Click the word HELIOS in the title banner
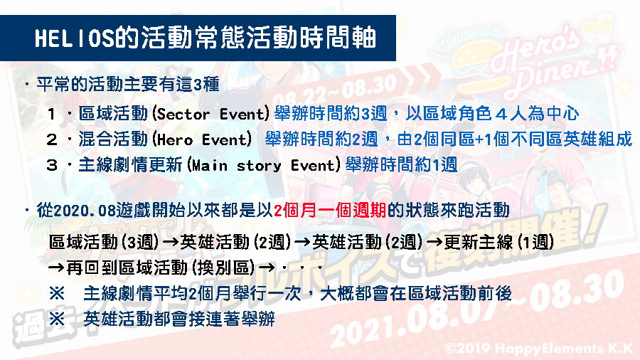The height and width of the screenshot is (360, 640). click(x=74, y=38)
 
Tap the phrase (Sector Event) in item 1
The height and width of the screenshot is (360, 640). click(x=210, y=113)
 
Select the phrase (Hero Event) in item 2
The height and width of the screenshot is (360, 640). click(x=202, y=139)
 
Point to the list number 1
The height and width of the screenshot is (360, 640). click(x=51, y=114)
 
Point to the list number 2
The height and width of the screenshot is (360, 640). click(x=52, y=139)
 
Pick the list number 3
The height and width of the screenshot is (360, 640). click(x=52, y=165)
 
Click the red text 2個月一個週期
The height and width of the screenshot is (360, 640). click(x=330, y=210)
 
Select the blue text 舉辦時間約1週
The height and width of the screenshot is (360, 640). click(x=401, y=165)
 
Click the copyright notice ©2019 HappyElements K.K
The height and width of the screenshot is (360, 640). click(x=540, y=348)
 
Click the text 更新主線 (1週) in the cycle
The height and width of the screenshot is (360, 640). click(x=498, y=242)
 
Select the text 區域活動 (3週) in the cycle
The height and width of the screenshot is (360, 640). click(x=104, y=242)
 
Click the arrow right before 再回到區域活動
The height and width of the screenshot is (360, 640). click(x=56, y=268)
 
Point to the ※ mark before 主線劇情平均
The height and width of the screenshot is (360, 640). click(x=57, y=293)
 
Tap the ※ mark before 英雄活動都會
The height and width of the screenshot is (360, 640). click(x=57, y=318)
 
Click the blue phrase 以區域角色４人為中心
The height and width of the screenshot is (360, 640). click(x=492, y=113)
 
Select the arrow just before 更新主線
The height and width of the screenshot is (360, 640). click(x=434, y=242)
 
